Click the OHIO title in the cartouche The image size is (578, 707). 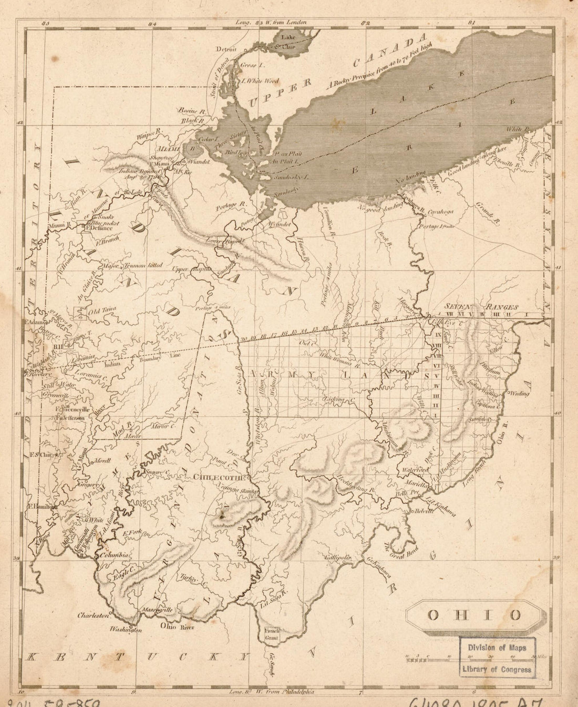[473, 615]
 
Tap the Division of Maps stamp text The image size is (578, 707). [497, 648]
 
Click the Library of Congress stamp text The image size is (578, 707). [497, 669]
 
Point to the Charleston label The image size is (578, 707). [93, 614]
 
